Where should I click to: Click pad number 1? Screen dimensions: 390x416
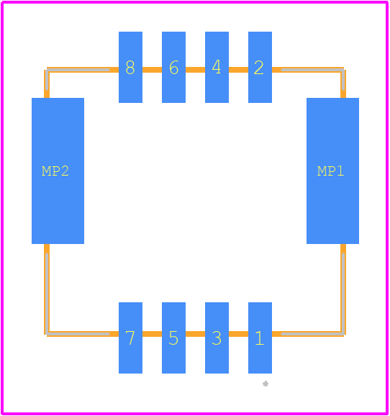pos(260,338)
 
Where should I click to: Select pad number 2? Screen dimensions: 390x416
pos(260,67)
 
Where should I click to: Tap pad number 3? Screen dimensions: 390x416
pos(217,338)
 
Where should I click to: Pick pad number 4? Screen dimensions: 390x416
pos(217,67)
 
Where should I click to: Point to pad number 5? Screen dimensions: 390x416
pos(174,338)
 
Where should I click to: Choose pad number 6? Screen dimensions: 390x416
pos(174,67)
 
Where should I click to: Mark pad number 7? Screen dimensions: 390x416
pos(130,338)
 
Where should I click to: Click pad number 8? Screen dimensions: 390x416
pos(130,67)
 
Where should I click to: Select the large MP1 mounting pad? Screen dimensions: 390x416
pos(332,171)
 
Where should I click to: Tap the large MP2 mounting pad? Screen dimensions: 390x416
pos(58,171)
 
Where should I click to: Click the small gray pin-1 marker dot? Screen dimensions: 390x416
pos(266,384)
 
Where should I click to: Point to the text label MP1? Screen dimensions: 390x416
pos(330,171)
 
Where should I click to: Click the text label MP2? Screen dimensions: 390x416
pos(55,171)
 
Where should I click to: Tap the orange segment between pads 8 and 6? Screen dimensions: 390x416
pos(152,70)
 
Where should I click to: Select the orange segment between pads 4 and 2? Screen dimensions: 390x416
pos(238,70)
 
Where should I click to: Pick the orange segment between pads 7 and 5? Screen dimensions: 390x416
pos(152,334)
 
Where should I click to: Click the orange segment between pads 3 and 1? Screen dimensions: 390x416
pos(238,334)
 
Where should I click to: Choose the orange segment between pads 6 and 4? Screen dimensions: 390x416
pos(195,70)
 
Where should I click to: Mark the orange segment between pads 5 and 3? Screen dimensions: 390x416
pos(195,334)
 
